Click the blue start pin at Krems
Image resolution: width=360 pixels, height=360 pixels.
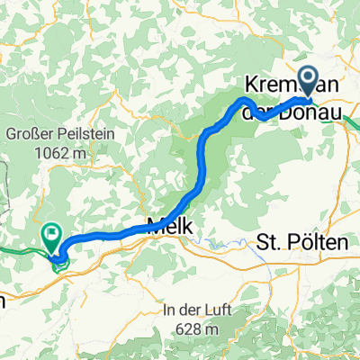[x=306, y=84]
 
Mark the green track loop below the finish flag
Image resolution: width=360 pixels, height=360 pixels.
[x=58, y=262]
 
